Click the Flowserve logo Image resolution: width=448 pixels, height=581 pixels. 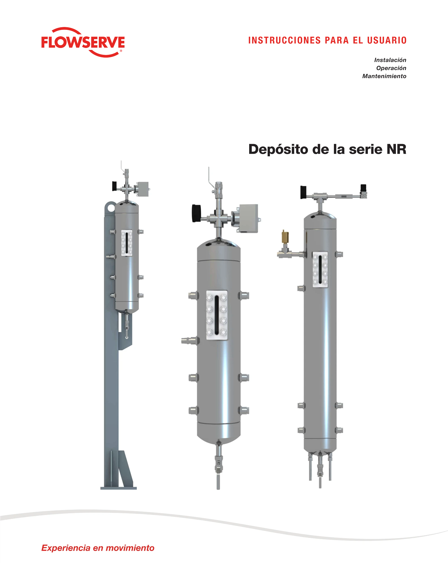(83, 42)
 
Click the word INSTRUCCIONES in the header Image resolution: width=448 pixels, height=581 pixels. (284, 40)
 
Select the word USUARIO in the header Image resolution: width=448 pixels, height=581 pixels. (387, 40)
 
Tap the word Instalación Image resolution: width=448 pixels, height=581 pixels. (390, 60)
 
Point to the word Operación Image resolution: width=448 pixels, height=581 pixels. (391, 68)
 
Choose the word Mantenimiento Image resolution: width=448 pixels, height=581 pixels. (384, 76)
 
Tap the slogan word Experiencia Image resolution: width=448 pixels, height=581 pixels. (66, 548)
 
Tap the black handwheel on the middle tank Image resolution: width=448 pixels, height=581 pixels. (196, 213)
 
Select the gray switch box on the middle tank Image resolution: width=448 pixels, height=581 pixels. (248, 218)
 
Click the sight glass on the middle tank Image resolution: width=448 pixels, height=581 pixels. (217, 315)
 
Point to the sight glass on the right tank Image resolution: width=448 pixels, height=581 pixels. (320, 270)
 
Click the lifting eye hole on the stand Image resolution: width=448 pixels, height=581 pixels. (111, 208)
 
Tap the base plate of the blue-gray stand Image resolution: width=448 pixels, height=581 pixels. (118, 488)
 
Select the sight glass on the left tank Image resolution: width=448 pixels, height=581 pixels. (127, 243)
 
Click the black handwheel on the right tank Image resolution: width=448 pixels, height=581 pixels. (303, 192)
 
